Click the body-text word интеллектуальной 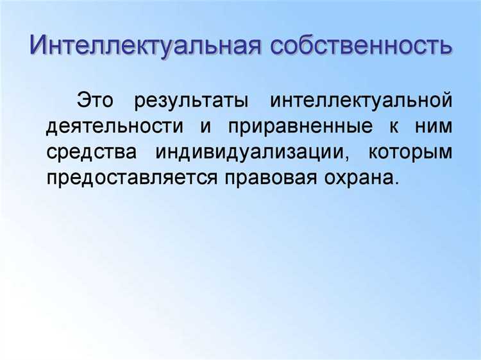click(x=361, y=101)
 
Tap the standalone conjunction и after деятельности click(x=205, y=127)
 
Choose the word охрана click(x=359, y=178)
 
